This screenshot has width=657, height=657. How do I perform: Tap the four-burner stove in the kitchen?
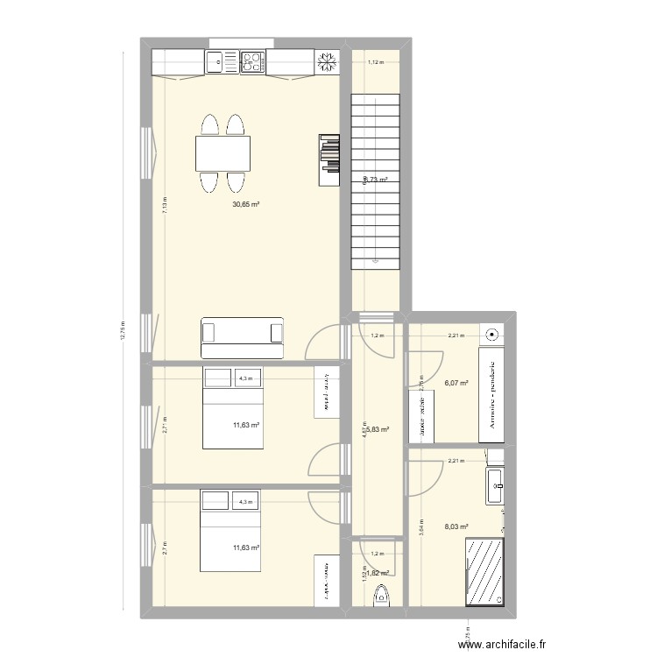[252, 61]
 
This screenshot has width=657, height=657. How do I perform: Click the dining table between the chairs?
[223, 154]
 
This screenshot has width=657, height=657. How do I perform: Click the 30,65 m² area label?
[245, 204]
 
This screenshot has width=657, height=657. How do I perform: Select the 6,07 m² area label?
[456, 383]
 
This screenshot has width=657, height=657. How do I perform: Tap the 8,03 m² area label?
[456, 527]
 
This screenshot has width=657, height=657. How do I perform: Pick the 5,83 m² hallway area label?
[378, 430]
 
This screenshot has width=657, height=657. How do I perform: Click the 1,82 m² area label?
[378, 573]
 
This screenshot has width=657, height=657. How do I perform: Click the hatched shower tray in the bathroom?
[484, 571]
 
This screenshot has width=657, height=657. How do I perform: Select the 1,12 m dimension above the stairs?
[376, 62]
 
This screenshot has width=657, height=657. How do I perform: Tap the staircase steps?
[375, 175]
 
